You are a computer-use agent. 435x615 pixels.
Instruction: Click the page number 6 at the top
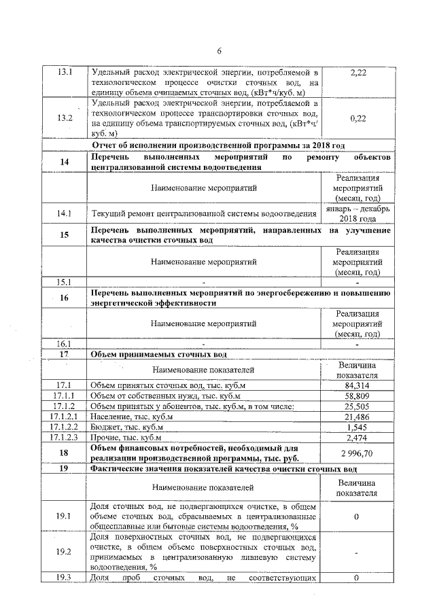(219, 50)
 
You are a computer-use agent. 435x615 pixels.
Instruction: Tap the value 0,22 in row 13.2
(357, 118)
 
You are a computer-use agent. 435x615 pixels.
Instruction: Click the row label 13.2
(65, 118)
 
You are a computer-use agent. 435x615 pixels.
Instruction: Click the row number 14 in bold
(65, 162)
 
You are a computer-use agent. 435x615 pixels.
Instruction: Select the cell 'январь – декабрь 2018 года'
(357, 214)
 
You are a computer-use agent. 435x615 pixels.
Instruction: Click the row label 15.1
(65, 281)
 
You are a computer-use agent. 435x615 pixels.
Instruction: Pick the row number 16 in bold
(65, 298)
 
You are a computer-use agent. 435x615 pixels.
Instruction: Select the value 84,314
(357, 386)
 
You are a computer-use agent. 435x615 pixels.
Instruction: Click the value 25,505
(357, 406)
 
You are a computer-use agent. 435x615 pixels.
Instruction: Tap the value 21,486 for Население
(357, 417)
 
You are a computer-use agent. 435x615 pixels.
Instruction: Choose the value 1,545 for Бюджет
(357, 427)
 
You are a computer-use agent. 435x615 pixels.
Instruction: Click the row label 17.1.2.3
(65, 438)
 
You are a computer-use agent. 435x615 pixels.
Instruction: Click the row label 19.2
(65, 550)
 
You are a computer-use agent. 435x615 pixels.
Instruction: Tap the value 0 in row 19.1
(357, 516)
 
